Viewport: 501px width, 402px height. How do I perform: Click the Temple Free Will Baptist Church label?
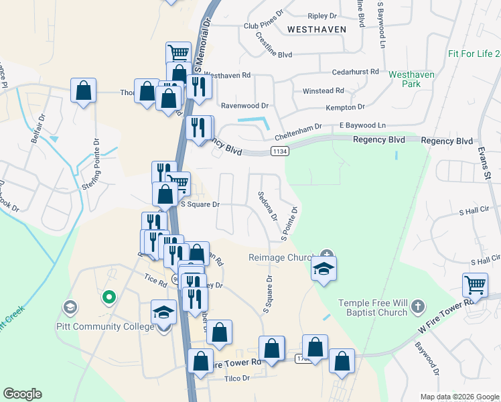[373, 308]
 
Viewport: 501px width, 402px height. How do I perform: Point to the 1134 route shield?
[280, 152]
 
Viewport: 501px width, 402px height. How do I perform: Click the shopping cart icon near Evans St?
[475, 285]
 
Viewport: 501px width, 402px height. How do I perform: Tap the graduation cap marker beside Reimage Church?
[324, 270]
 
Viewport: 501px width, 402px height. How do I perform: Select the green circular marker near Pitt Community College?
[108, 295]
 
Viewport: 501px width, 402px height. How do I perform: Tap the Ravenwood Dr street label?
[244, 106]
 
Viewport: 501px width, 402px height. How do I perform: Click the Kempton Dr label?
[346, 107]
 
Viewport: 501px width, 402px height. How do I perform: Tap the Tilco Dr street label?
[236, 378]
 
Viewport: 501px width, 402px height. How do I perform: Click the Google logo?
[22, 393]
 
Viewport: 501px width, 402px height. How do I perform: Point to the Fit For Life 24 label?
[474, 54]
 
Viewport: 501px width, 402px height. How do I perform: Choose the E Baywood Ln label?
[362, 125]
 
